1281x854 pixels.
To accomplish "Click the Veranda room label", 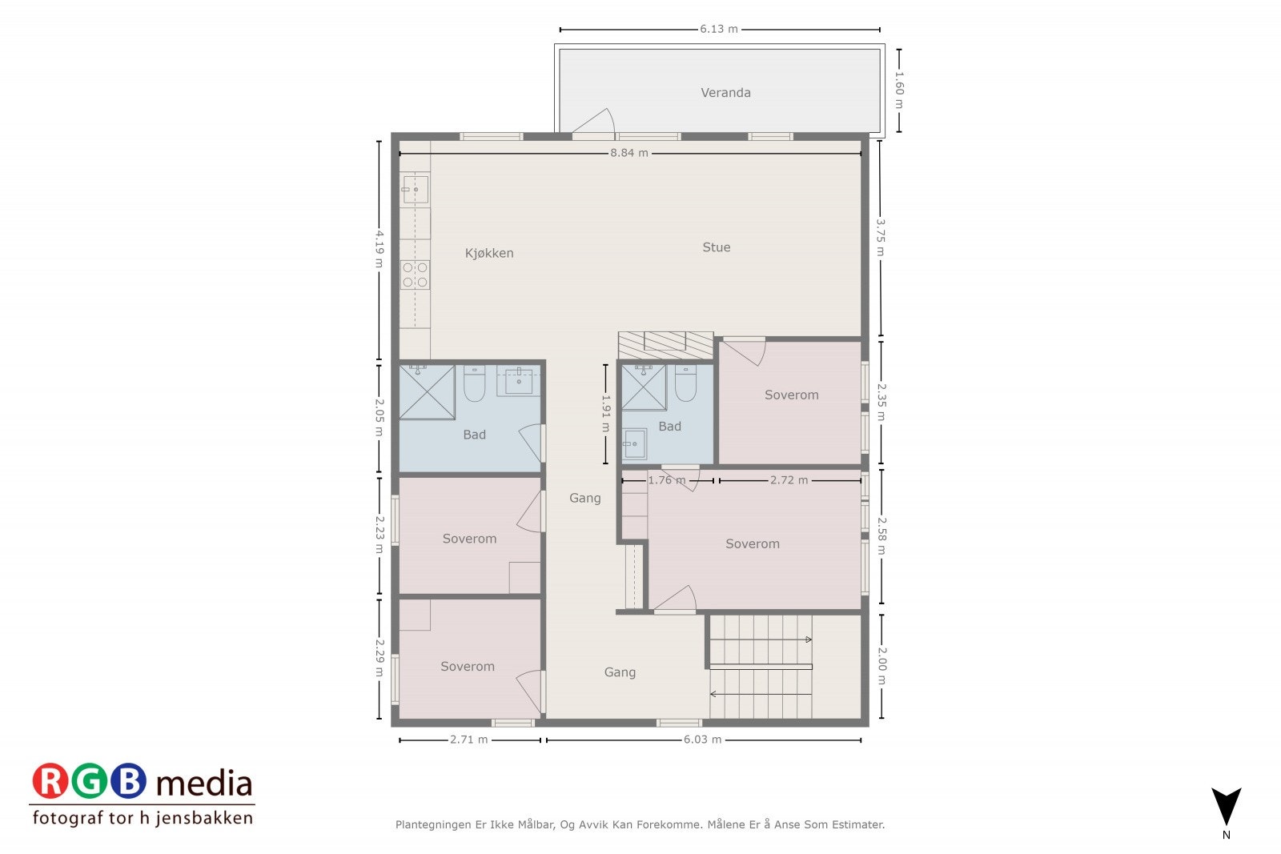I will (725, 93).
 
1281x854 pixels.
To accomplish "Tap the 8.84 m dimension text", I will (629, 153).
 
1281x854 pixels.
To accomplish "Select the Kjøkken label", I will (489, 253).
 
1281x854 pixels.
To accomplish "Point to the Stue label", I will (716, 247).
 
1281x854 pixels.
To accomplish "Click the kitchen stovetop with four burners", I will (415, 275).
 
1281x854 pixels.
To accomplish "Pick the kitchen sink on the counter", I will (415, 190).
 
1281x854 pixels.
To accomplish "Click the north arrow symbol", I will (1226, 807).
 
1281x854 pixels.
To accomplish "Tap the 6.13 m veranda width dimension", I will (719, 29).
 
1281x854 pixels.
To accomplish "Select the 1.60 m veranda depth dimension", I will (899, 90).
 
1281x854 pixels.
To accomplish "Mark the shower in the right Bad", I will (644, 388).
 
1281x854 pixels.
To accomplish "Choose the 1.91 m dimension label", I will (606, 413).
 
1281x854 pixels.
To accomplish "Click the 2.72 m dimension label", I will (789, 480).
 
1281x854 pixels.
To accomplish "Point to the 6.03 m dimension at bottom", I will (702, 740).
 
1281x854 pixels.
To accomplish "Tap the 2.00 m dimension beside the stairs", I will (881, 666).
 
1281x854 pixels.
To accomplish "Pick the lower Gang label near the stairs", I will (620, 672).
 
